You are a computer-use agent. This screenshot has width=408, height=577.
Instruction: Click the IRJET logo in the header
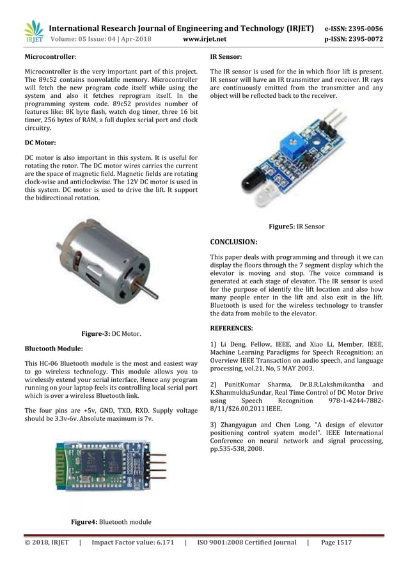pos(33,33)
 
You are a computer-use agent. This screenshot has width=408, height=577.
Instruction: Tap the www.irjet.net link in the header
pos(205,39)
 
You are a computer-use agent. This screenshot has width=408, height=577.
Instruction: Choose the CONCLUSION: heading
pos(234,242)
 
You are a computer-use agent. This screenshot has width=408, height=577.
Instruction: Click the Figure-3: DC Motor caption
pos(111,334)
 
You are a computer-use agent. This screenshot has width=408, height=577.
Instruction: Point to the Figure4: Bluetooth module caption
pos(111,522)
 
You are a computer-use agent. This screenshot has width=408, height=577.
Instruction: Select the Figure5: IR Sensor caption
pos(296,226)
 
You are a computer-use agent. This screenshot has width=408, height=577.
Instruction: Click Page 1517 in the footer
pos(336,542)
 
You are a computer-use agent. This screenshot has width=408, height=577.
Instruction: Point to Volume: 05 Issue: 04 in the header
pos(88,39)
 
